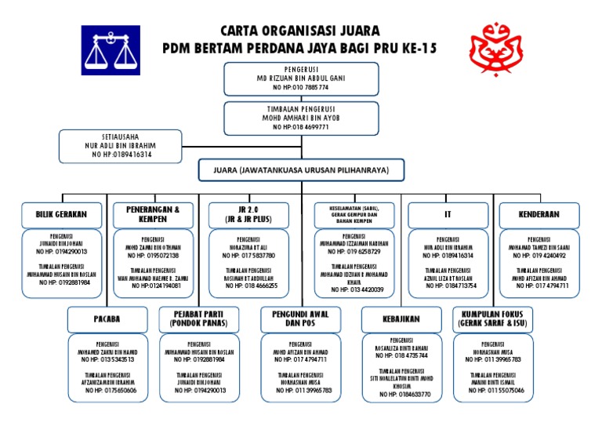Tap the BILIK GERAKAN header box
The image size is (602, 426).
click(62, 213)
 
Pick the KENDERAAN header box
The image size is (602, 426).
click(539, 213)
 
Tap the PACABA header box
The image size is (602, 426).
click(107, 319)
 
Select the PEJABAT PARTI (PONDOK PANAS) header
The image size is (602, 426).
click(199, 319)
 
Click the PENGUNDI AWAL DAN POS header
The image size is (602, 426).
click(294, 319)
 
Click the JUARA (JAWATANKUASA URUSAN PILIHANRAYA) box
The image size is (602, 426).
click(301, 169)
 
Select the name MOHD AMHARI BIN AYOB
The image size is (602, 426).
click(300, 118)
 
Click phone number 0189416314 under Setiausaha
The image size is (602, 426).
click(122, 155)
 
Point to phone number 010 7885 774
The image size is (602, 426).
click(301, 88)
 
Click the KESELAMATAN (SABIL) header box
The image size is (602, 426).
click(354, 214)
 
